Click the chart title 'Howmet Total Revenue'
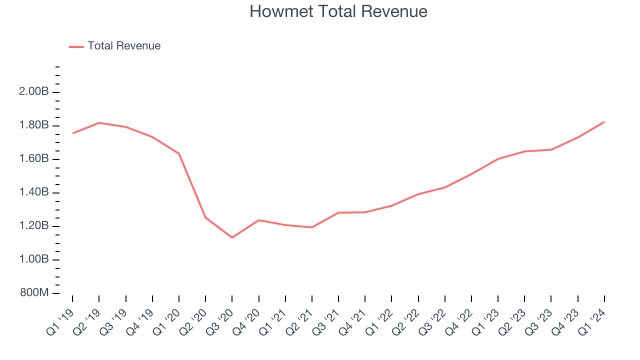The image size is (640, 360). tap(338, 11)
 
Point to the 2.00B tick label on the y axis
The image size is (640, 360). tap(34, 92)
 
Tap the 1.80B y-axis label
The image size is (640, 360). tap(34, 125)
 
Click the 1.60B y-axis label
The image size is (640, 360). tap(34, 159)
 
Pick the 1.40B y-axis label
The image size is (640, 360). tap(34, 192)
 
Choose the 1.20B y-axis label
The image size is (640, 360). tap(34, 226)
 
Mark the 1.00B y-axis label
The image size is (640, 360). tap(34, 259)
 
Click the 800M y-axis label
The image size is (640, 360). tap(34, 293)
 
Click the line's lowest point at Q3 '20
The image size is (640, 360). tap(232, 237)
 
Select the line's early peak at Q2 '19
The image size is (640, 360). tap(99, 122)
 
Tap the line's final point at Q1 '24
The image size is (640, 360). tap(604, 122)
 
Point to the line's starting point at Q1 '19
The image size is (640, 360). tap(73, 133)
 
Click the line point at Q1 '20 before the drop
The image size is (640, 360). tap(179, 153)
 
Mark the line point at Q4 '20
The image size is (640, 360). tap(258, 220)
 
